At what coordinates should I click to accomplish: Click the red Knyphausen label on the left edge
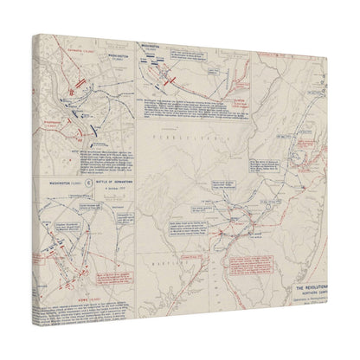pyautogui.click(x=48, y=123)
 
